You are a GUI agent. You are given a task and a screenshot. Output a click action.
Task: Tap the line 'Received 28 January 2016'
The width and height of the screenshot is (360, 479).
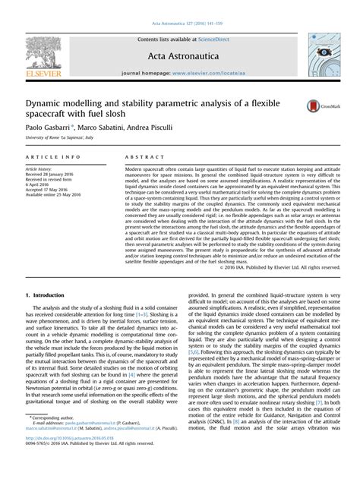[55, 174]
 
